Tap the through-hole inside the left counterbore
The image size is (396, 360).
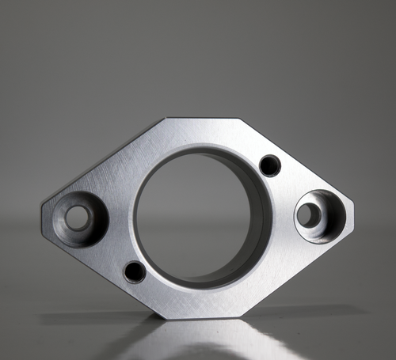[78, 218]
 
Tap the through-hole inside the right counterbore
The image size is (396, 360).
[309, 214]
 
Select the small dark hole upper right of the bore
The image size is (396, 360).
[270, 165]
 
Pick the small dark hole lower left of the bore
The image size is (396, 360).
[135, 272]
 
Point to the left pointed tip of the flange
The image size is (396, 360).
[42, 210]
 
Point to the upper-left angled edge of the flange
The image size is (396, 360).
[103, 162]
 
